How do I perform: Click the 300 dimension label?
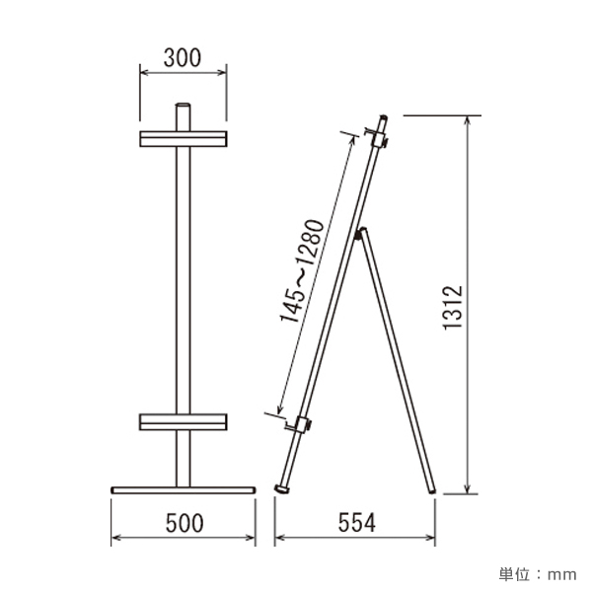183,58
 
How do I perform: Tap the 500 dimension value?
185,523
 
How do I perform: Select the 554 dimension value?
357,523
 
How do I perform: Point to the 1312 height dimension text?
453,308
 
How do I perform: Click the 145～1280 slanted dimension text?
302,270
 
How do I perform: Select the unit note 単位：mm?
538,574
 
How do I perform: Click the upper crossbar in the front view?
184,139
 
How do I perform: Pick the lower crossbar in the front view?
184,422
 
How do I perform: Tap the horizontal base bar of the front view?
184,490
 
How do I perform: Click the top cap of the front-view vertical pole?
184,106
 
